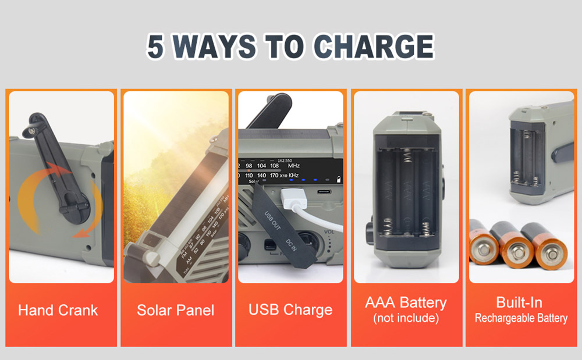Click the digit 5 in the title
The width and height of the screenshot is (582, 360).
(x=155, y=47)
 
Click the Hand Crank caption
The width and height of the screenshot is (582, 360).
(x=58, y=310)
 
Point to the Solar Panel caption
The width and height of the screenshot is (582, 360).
(x=175, y=310)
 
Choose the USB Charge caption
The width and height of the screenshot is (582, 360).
(x=290, y=310)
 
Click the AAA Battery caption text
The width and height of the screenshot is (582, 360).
(x=406, y=303)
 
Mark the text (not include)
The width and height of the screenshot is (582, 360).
(x=406, y=318)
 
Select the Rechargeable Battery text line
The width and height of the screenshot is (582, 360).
(x=521, y=318)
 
